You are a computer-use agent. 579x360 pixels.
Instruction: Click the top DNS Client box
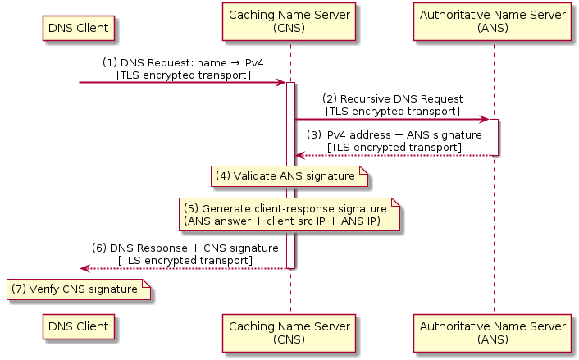coord(80,27)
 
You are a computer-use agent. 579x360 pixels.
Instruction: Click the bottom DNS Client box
coord(80,326)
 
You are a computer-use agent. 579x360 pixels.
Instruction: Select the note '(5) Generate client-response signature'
coord(290,215)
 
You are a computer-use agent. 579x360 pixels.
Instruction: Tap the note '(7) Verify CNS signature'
coord(80,289)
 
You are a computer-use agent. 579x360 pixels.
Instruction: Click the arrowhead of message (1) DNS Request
coord(280,82)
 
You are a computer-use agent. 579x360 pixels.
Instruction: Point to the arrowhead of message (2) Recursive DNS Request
coord(484,119)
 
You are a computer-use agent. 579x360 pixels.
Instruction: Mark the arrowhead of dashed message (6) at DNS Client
coord(85,268)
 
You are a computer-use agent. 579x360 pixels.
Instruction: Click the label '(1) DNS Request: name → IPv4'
coord(183,63)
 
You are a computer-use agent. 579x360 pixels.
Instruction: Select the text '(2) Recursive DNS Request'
coord(392,99)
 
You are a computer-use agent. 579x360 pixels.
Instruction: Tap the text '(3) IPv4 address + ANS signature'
coord(394,134)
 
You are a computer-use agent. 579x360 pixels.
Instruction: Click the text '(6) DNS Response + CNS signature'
coord(184,248)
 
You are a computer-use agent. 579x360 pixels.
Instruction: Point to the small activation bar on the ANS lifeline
coord(494,137)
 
